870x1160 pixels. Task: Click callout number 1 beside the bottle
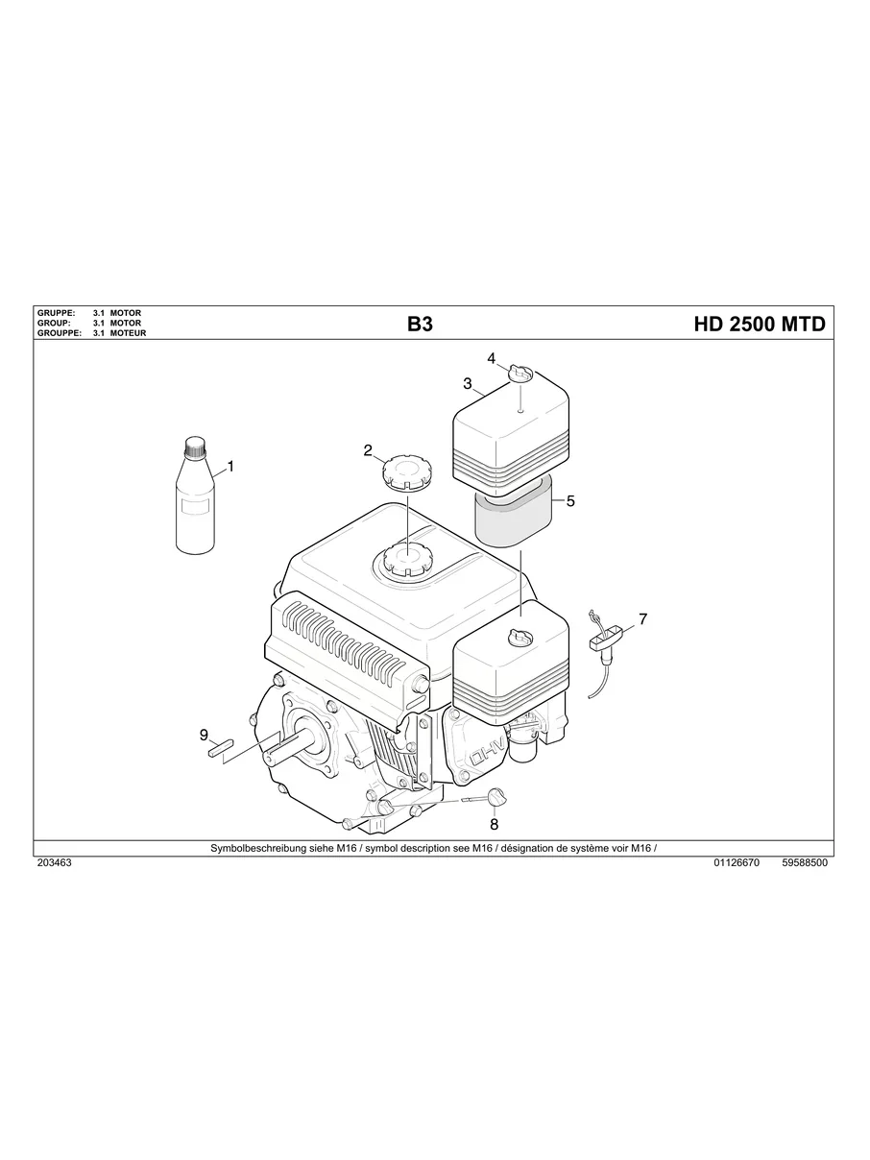tap(230, 468)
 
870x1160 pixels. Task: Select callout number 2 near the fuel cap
tap(368, 449)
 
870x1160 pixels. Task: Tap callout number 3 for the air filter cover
tap(468, 383)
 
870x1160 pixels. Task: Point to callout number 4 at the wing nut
tap(492, 358)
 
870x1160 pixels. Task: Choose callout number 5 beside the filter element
tap(570, 500)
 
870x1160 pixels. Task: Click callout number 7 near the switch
tap(642, 619)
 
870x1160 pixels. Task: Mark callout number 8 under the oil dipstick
tap(494, 823)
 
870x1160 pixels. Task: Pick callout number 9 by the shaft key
tap(204, 735)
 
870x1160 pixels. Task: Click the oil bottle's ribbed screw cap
tap(196, 446)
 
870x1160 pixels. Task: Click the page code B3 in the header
tap(420, 325)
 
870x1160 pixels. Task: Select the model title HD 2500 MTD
tap(759, 325)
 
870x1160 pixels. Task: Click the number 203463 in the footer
tap(54, 863)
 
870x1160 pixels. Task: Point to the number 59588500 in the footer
tap(805, 863)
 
